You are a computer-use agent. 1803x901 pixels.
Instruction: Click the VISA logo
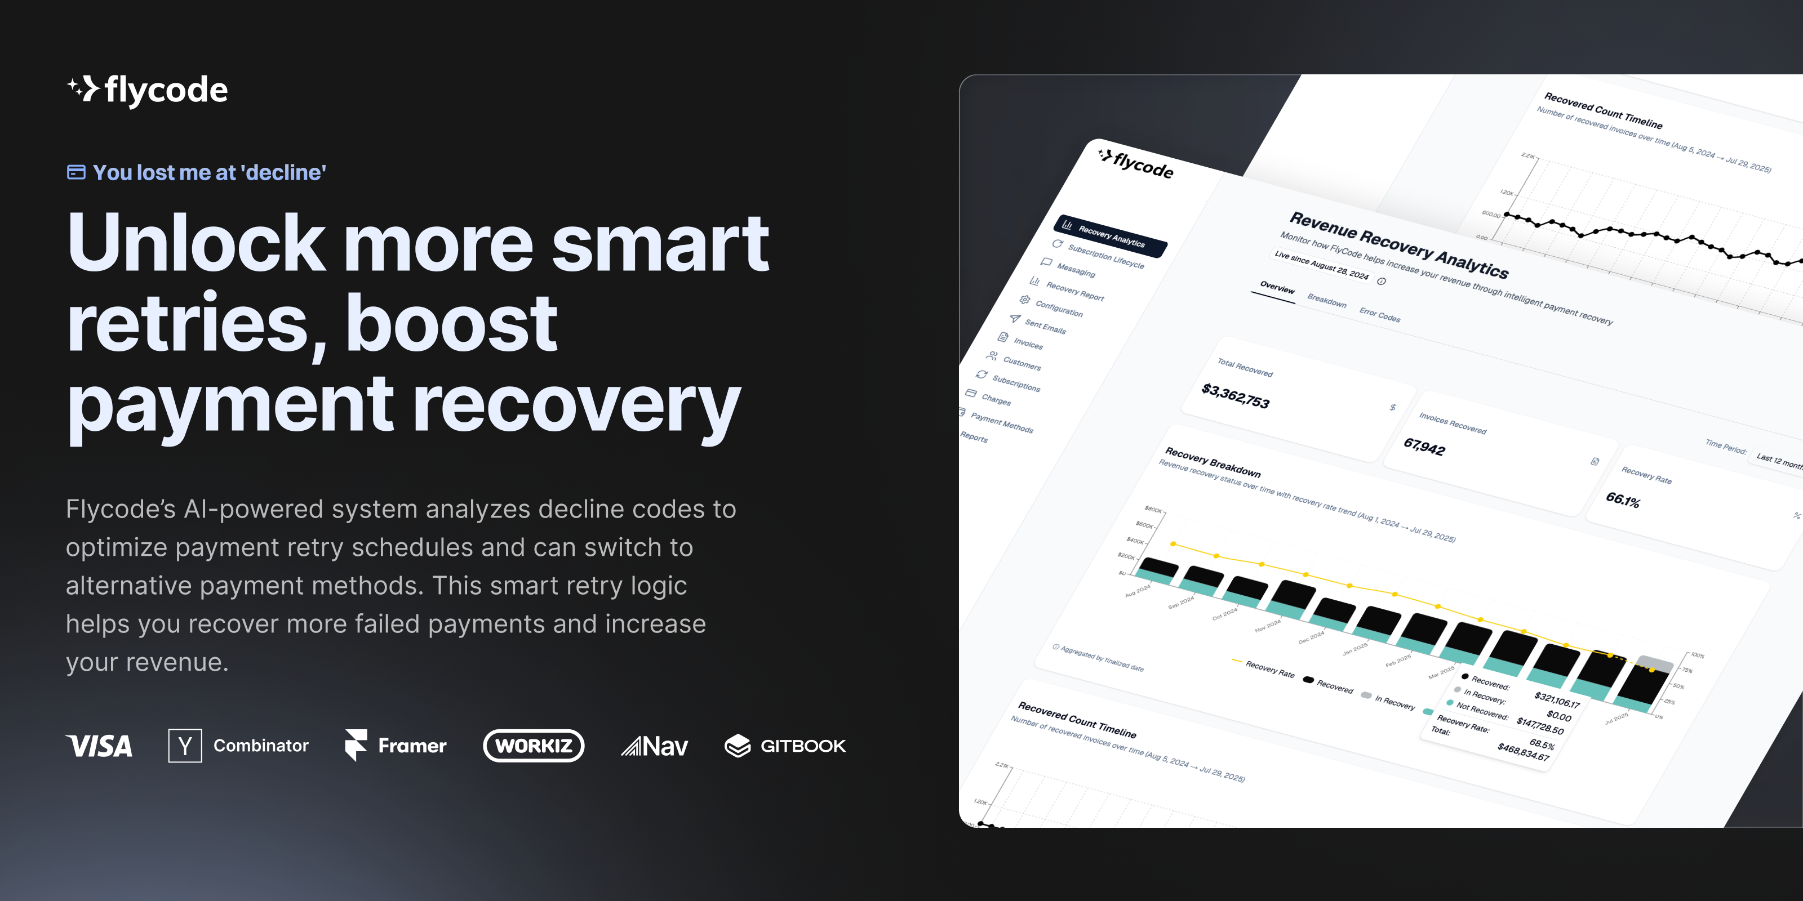[99, 746]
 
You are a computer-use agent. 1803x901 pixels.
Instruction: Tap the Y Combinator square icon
[185, 746]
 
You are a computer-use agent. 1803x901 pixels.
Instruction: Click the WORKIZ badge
[534, 746]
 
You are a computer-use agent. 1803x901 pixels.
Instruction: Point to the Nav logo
[654, 746]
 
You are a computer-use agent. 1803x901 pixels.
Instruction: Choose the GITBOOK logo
[785, 746]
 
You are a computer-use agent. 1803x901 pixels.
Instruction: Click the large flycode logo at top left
[148, 90]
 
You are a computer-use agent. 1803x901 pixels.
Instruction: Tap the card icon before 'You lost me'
[76, 172]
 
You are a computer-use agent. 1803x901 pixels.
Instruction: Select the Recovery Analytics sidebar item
[1110, 237]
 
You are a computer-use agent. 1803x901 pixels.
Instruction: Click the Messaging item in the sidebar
[1076, 269]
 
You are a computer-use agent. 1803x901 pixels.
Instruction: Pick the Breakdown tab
[1326, 301]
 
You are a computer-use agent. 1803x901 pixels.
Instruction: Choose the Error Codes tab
[1379, 315]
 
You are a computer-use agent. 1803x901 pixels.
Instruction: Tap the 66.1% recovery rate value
[1623, 499]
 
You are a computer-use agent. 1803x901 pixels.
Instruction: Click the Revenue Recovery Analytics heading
[1398, 245]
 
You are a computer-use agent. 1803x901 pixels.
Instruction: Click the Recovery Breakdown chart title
[1213, 462]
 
